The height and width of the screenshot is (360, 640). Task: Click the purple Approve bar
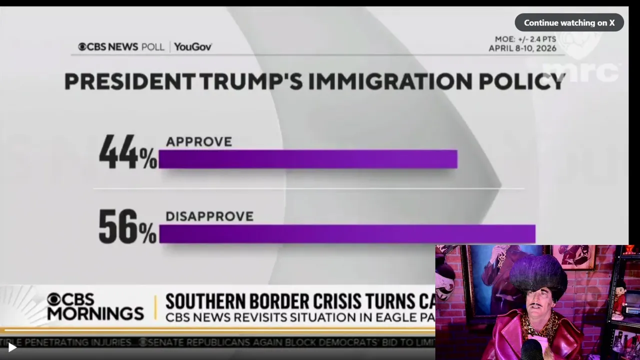point(307,159)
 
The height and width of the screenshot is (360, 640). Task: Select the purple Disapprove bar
point(347,233)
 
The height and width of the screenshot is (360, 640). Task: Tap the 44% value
point(127,152)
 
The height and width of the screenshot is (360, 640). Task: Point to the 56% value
point(127,227)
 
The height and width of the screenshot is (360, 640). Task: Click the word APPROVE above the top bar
point(199,142)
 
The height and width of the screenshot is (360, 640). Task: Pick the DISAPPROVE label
point(209,216)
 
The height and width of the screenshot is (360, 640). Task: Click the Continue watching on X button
point(569,22)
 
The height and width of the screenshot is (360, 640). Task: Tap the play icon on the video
point(12,347)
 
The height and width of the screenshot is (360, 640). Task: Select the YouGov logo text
point(193,47)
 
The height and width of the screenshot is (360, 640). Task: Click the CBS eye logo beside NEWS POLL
point(82,47)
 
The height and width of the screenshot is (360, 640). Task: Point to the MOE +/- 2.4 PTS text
point(525,39)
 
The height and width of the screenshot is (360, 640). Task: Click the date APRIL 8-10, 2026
point(522,48)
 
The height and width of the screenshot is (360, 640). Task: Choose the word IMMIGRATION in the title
point(389,82)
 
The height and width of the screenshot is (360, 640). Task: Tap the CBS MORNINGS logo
point(95,306)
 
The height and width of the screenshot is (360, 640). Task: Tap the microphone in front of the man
point(531,349)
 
